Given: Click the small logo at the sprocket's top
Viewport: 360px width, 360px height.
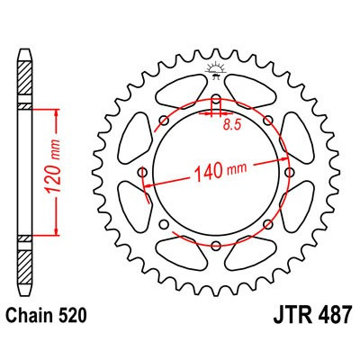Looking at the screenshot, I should click(215, 68).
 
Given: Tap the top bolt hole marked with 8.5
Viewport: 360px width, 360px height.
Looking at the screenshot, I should click(216, 96).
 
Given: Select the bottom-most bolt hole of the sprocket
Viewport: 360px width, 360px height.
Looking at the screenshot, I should click(216, 246).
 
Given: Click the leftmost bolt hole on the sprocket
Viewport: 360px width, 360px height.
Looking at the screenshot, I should click(141, 171).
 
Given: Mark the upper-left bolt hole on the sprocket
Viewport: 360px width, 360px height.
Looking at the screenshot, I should click(163, 118).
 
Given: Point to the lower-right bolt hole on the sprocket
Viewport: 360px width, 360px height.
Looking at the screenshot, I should click(269, 224).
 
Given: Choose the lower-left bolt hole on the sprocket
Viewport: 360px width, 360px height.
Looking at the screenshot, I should click(163, 224).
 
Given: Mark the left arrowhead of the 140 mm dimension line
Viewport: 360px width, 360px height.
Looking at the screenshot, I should click(147, 184).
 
